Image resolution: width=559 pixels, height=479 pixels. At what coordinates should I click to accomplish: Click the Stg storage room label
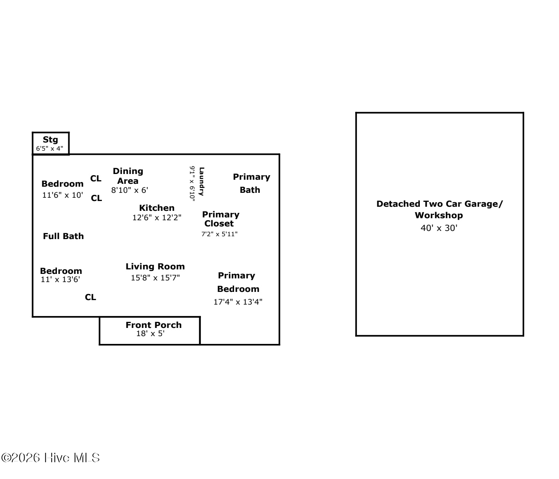(x=50, y=140)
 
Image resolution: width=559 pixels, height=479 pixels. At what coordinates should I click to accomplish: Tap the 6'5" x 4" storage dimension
(x=50, y=149)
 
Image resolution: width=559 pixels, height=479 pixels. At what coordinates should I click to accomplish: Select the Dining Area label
(x=128, y=176)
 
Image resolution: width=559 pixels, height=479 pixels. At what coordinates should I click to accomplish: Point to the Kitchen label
(x=157, y=208)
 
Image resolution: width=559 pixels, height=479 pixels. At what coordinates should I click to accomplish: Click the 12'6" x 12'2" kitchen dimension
(x=157, y=218)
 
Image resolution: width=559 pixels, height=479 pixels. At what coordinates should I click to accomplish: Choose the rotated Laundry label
(x=201, y=181)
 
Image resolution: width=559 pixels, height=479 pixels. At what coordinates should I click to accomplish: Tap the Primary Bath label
(x=251, y=183)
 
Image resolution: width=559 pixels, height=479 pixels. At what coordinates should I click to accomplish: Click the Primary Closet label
(x=220, y=219)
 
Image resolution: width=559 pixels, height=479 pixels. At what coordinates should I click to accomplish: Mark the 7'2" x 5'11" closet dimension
(x=219, y=234)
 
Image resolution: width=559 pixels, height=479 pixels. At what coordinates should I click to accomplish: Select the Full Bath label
(x=63, y=236)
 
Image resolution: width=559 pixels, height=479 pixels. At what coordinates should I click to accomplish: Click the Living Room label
(x=155, y=267)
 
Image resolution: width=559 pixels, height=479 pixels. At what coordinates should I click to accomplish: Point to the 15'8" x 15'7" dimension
(x=155, y=278)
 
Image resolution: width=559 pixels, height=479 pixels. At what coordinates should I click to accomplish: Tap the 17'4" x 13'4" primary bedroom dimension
(x=238, y=302)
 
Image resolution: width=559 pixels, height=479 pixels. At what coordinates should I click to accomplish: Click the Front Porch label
(x=153, y=325)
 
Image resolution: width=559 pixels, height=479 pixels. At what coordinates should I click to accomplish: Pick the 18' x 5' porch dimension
(x=150, y=334)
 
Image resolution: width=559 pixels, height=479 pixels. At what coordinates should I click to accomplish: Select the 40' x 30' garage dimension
(x=439, y=228)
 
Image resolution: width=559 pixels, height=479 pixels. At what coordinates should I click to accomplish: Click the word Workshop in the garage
(x=439, y=215)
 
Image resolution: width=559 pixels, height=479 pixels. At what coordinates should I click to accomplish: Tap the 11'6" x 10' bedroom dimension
(x=63, y=195)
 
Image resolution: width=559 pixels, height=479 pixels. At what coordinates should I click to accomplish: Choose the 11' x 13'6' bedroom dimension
(x=61, y=280)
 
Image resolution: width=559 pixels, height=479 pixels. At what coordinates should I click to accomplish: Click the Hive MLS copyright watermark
(x=51, y=458)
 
